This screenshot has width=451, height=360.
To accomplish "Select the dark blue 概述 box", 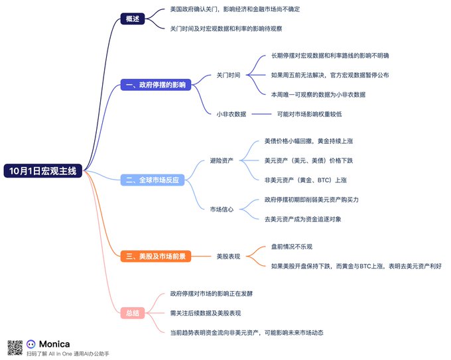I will point(133,19).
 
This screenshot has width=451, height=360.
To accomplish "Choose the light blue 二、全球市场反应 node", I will point(153,180).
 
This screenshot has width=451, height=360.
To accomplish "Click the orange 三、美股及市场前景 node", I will point(156,255).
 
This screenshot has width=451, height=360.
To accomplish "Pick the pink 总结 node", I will point(133,312).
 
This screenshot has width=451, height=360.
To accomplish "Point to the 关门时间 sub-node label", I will point(228,76).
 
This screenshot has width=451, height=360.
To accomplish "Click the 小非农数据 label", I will point(231,114).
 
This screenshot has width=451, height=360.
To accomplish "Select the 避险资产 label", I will point(222,160).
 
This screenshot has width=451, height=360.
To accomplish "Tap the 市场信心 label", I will point(222,209).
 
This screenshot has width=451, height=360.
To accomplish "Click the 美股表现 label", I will point(228,255).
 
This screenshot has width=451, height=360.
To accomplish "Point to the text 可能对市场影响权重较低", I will point(309,114).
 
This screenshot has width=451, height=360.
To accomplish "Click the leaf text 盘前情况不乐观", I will point(292,247).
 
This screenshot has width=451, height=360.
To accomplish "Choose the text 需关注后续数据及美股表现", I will point(206,312).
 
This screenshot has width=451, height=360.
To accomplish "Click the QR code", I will point(15,347).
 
